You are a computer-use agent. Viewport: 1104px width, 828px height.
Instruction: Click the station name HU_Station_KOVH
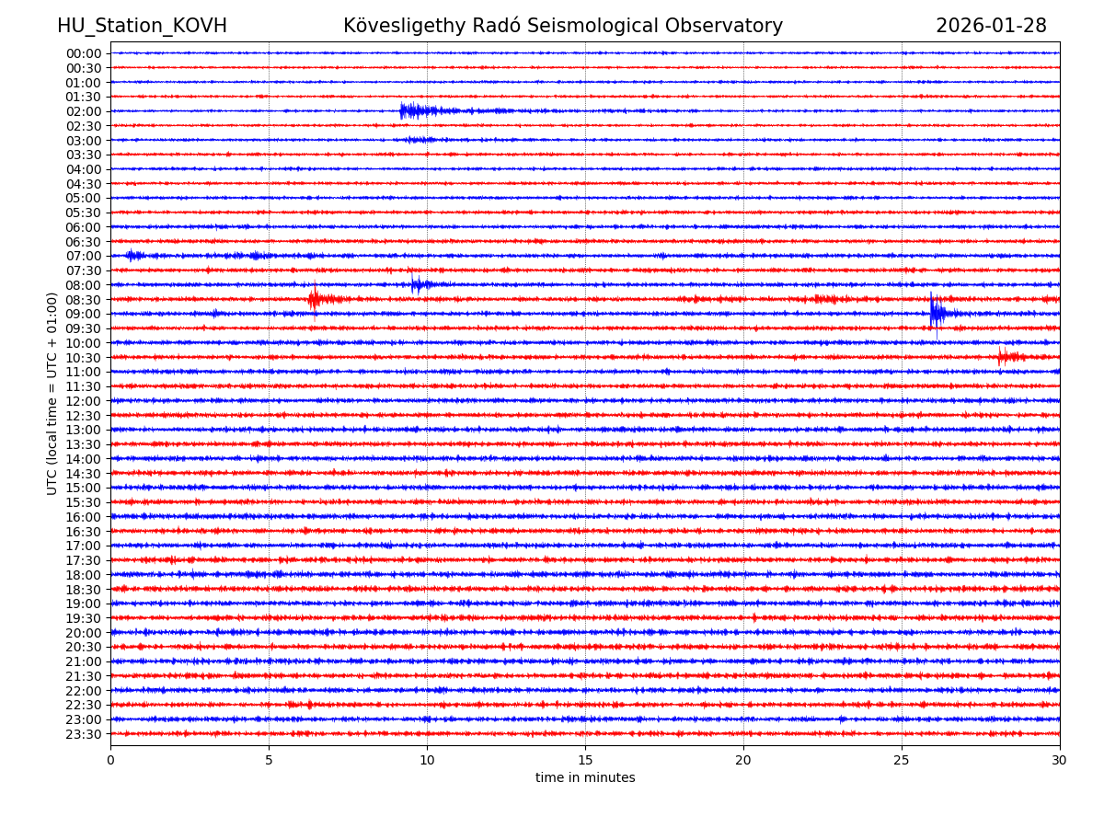tap(142, 27)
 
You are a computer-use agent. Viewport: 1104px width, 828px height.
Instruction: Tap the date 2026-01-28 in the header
tap(991, 27)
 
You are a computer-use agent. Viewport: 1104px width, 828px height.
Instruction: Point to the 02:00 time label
tap(84, 111)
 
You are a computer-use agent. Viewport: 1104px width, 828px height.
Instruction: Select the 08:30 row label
tap(84, 300)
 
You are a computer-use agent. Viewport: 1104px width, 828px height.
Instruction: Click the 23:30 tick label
tap(84, 734)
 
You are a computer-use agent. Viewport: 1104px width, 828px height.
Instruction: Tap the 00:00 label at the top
tap(84, 53)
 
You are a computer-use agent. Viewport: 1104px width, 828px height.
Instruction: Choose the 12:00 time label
tap(84, 401)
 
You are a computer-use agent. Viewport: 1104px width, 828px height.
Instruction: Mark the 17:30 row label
tap(84, 560)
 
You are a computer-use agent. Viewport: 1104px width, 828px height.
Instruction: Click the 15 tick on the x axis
tap(585, 760)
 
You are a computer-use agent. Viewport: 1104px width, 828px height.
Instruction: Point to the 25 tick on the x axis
tap(902, 760)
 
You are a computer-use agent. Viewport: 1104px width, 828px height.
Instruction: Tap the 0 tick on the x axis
tap(110, 760)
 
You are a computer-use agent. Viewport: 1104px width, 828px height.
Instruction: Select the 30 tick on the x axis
tap(1060, 760)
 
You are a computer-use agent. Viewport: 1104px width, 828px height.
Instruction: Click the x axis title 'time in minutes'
tap(585, 778)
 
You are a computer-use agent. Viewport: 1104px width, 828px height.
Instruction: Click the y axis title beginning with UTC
tap(52, 394)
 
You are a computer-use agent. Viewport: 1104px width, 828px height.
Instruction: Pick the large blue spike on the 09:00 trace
tap(935, 314)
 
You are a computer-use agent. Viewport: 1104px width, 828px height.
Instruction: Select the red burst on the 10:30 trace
tap(1006, 357)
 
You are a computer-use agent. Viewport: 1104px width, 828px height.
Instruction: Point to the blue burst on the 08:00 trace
tap(417, 284)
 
